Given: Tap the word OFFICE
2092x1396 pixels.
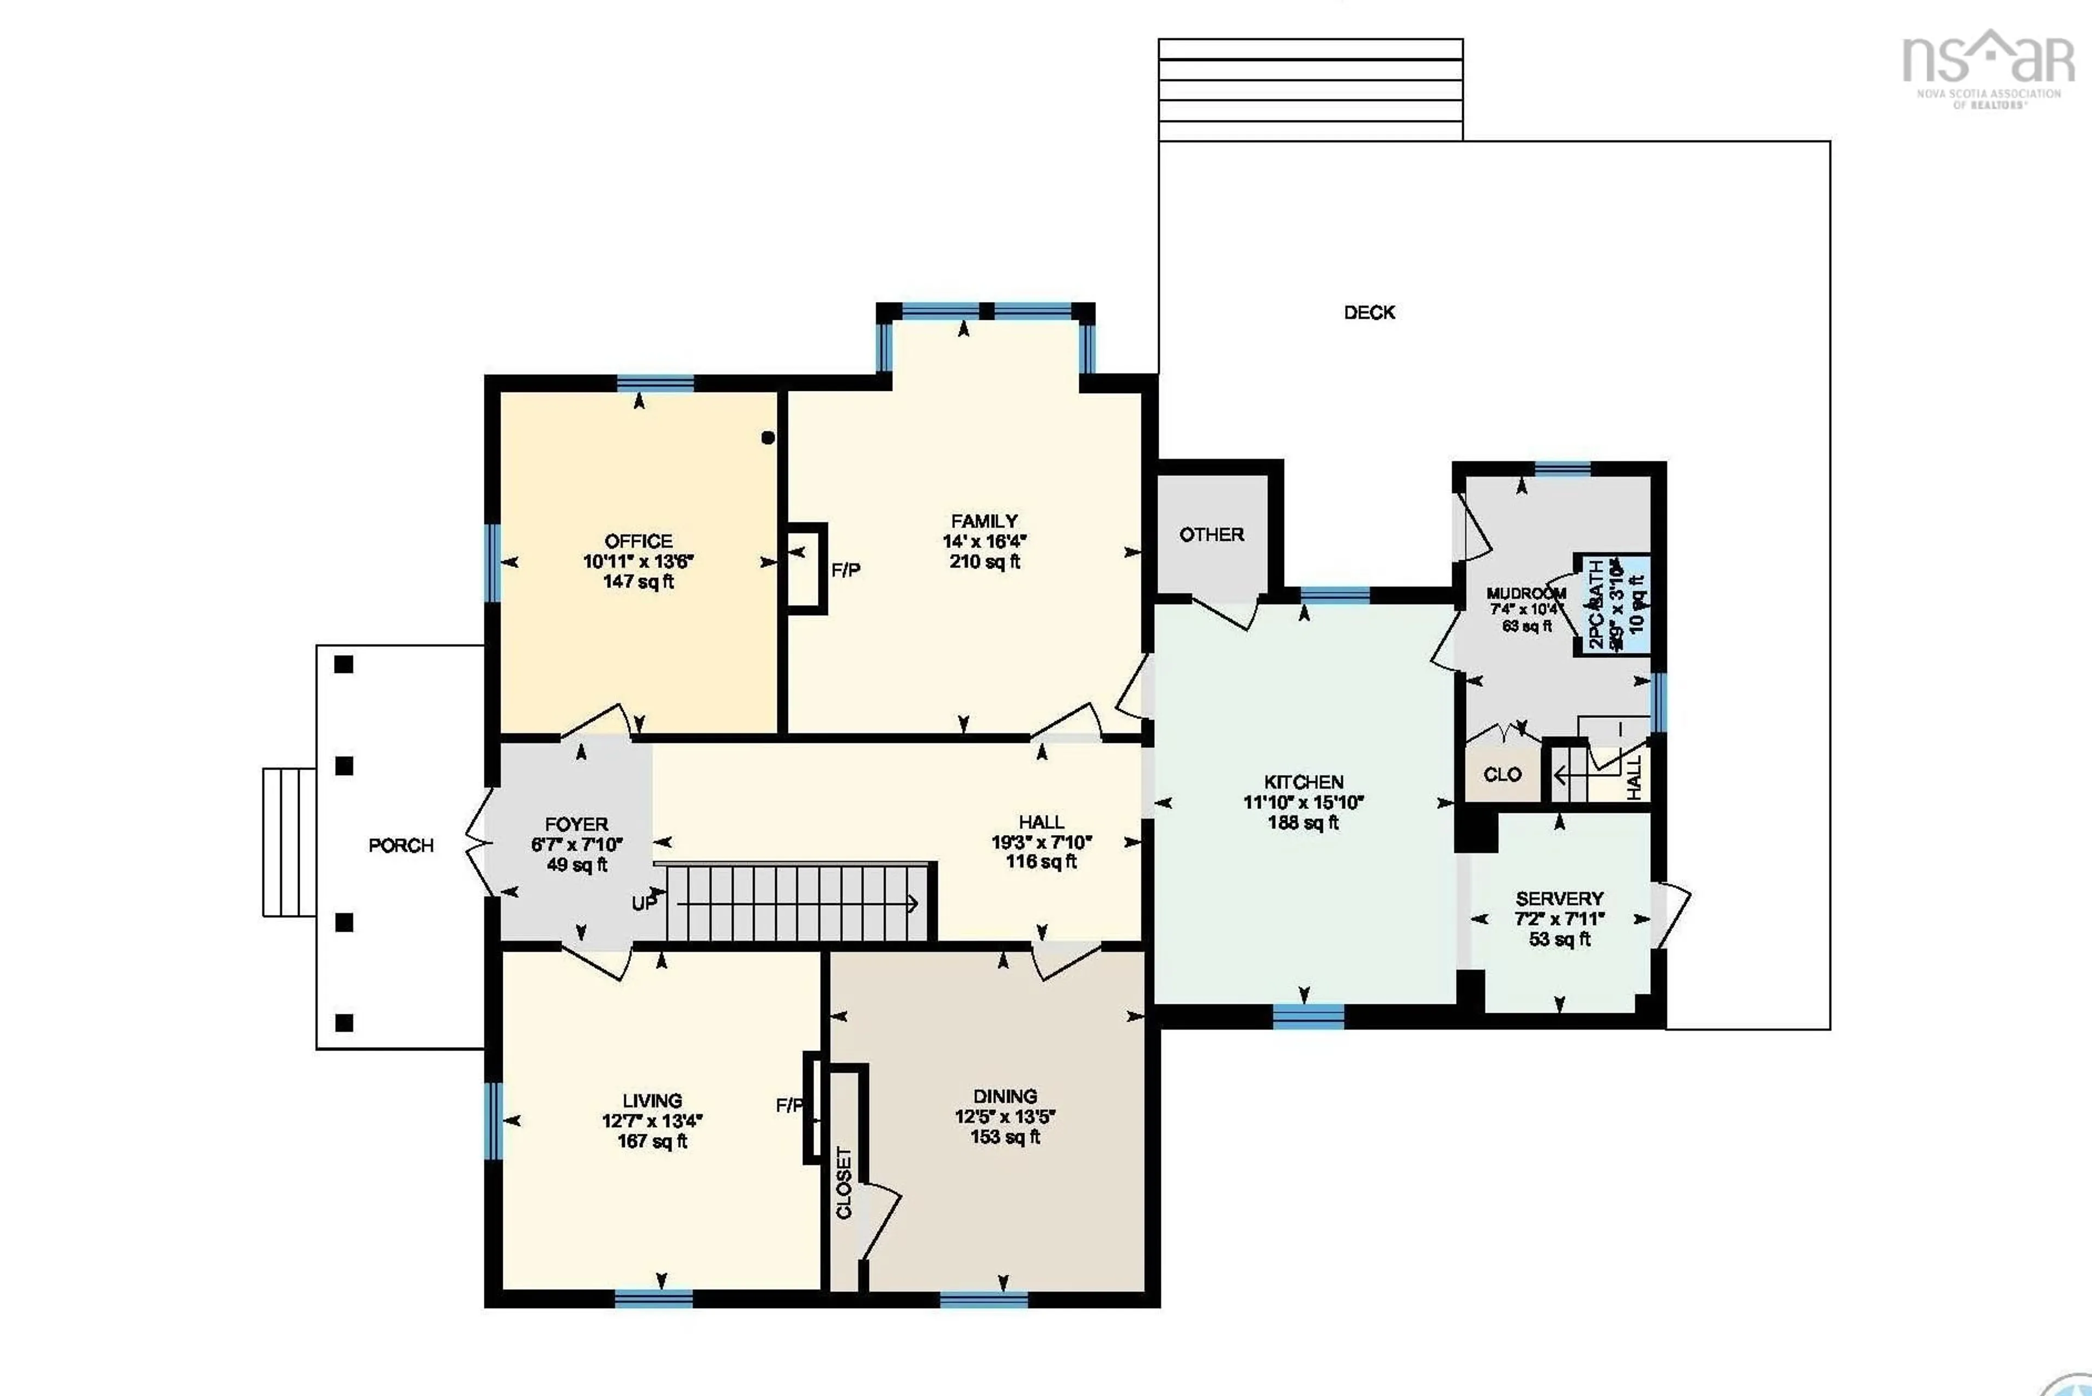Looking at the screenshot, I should pos(638,541).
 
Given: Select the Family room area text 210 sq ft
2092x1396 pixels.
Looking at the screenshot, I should pos(984,562).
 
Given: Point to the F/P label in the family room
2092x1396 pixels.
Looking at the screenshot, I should pos(846,570).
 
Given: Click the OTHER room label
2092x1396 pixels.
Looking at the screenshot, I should pos(1211,535).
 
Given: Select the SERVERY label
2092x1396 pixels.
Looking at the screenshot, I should pos(1559,899).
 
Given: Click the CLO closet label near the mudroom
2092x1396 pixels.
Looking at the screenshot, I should pos(1502,775).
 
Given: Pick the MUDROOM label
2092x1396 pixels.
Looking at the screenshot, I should pos(1526,593).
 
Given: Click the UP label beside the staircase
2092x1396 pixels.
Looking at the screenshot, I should pos(644,904).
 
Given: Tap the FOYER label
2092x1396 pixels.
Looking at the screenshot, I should pos(576,824).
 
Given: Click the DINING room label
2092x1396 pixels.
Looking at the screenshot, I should pos(1005,1096).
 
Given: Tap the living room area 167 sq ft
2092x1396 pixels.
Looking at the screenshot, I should pos(652,1141).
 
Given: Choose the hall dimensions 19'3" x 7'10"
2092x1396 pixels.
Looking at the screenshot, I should pos(1041,842).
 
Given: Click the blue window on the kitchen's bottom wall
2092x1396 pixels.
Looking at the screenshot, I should pos(1308,1016).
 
